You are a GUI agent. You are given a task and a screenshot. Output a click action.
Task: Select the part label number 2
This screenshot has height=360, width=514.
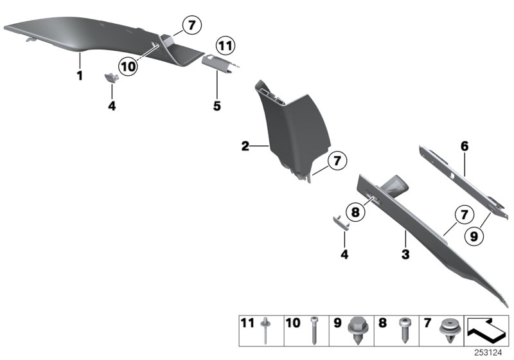point(245,147)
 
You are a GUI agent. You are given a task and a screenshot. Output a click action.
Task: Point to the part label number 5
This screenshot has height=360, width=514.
point(217,105)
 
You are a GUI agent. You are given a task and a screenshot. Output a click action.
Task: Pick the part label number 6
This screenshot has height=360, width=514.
point(465,147)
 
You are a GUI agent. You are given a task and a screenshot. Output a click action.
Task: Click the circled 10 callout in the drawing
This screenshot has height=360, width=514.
point(128,65)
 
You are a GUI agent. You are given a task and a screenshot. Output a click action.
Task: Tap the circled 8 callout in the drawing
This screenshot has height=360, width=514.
point(354,210)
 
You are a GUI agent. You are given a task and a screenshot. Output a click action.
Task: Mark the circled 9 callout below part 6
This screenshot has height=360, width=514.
point(474,236)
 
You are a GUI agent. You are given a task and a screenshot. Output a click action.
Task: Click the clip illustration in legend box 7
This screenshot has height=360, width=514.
point(448,330)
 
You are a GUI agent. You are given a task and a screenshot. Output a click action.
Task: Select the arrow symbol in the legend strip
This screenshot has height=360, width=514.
point(489,328)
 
